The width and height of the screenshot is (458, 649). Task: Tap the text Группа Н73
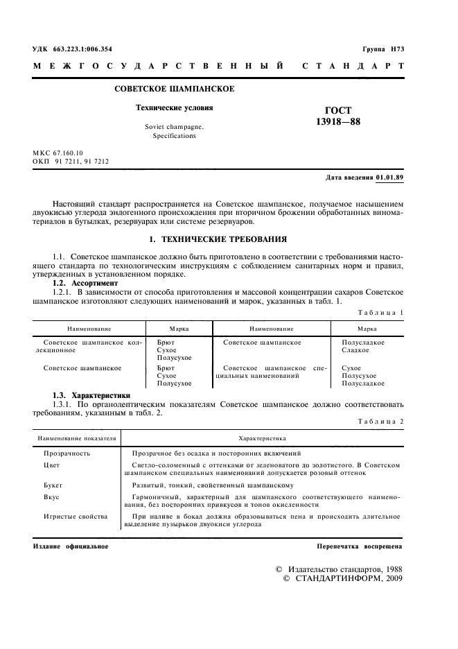tap(382, 49)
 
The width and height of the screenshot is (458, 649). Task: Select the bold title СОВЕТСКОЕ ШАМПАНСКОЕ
tap(173, 89)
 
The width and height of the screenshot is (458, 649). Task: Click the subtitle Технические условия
tap(174, 108)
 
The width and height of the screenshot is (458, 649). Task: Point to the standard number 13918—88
tap(337, 121)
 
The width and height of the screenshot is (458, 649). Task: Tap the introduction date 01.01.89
tap(390, 178)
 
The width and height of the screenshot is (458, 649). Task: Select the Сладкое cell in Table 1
tap(355, 350)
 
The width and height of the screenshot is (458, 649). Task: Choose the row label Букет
tap(53, 485)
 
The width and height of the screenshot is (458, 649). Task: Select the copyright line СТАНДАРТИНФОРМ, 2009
tap(343, 578)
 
